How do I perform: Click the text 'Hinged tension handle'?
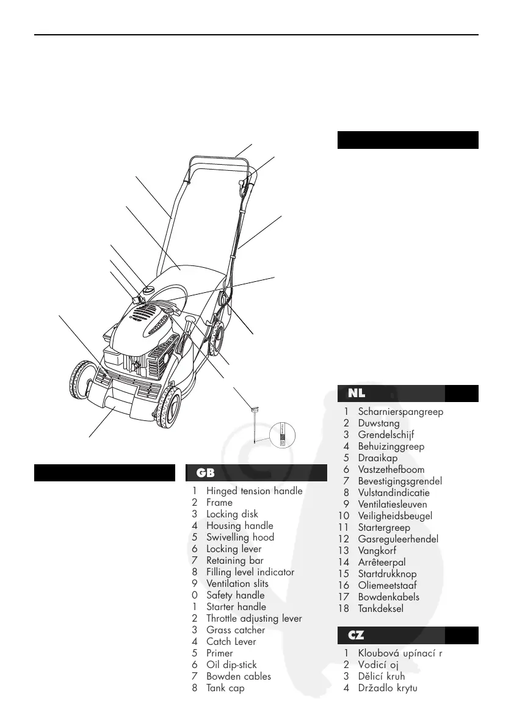tap(254, 491)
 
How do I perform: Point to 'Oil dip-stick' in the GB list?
tap(231, 665)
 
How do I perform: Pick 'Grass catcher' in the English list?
tap(236, 630)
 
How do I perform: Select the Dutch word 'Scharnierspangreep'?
tap(400, 412)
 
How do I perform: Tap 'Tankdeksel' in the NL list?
tap(381, 609)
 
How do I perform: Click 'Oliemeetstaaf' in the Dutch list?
tap(387, 586)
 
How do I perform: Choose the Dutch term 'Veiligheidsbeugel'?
tap(395, 516)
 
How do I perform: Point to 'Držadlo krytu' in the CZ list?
tap(387, 688)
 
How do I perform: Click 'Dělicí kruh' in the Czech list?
tap(381, 677)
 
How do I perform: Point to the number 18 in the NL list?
tap(344, 609)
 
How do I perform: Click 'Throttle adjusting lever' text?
tap(254, 619)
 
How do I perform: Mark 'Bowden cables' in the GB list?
tap(239, 677)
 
